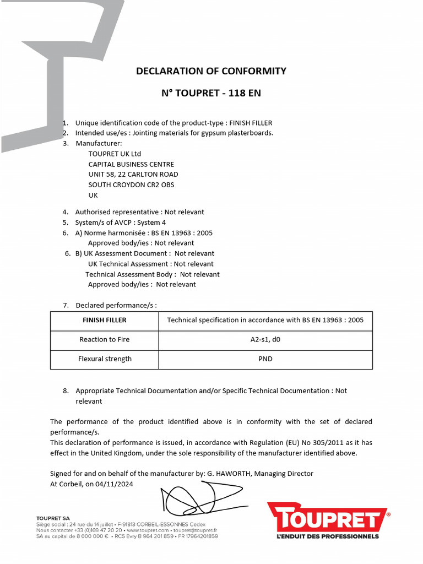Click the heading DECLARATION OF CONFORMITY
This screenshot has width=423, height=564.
coord(211,71)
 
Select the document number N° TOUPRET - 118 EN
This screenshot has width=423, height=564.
coord(211,93)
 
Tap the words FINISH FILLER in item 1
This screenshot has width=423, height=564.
coord(251,123)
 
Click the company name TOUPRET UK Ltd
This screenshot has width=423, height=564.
coord(115,154)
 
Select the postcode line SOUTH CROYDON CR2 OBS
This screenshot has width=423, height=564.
coord(131,185)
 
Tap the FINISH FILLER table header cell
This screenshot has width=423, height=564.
coord(105,320)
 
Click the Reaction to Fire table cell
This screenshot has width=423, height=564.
coord(105,339)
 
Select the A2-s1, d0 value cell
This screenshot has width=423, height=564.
coord(265,339)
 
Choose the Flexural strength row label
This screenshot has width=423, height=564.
coord(105,359)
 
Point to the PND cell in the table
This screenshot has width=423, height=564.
coord(265,359)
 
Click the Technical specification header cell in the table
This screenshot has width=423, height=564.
coord(265,320)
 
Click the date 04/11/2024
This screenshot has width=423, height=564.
coord(115,484)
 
